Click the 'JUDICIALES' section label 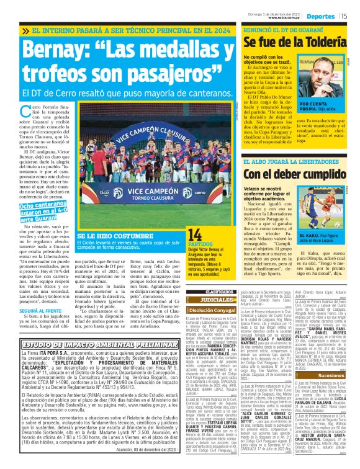point(212,298)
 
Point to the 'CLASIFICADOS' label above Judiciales point(212,291)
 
